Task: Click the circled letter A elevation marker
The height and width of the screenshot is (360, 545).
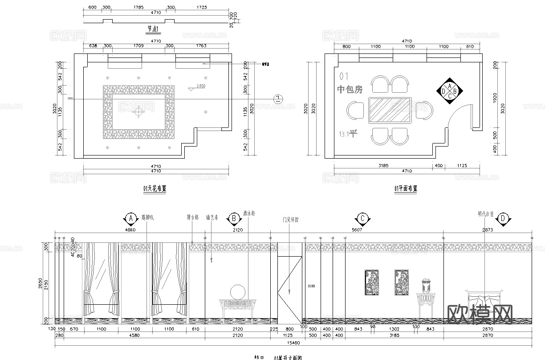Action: tap(130, 218)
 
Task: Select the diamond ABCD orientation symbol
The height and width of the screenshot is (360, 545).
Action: tap(450, 91)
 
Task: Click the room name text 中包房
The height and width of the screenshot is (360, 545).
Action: tap(350, 90)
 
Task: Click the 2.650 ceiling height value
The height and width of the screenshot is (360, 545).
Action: tap(200, 86)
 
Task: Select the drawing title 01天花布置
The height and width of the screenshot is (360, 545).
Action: tap(155, 188)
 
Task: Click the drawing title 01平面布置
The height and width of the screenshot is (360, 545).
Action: tap(406, 188)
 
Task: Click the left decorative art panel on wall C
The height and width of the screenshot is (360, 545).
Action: tap(371, 282)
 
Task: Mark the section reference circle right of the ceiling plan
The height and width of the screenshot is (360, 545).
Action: tap(277, 98)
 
